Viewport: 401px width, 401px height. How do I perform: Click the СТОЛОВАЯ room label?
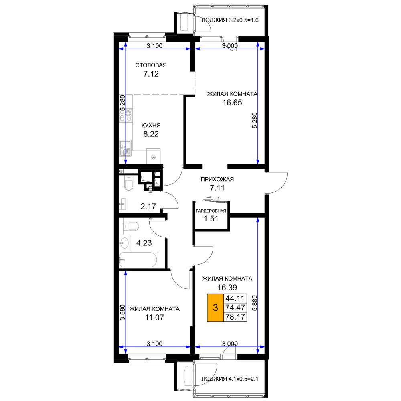(151, 65)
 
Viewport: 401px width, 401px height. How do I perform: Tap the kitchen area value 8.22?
(151, 134)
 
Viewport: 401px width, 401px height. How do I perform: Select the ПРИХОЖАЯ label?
(217, 179)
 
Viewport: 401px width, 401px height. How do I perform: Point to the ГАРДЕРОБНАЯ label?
(211, 211)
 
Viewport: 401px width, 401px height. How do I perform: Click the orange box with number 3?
(215, 308)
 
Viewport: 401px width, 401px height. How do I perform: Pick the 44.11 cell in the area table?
(235, 298)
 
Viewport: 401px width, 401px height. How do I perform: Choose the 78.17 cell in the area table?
(235, 317)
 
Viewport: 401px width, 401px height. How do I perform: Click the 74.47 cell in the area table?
(235, 308)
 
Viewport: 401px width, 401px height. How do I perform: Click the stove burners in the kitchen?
(126, 115)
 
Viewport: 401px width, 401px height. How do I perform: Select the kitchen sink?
(125, 148)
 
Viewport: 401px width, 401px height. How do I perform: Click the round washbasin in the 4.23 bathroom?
(125, 243)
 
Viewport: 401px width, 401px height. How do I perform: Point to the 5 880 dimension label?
(255, 303)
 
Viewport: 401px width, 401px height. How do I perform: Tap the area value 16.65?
(232, 103)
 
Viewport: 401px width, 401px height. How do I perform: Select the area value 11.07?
(154, 317)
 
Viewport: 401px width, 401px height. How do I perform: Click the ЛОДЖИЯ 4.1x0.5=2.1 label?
(230, 379)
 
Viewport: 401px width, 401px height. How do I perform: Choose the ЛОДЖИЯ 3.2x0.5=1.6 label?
(230, 20)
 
